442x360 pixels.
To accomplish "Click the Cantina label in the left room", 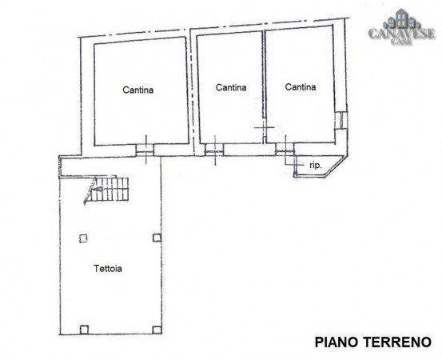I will point(137,90).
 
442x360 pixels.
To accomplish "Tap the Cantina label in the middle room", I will point(231,87).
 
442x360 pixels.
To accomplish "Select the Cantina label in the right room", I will point(300,87).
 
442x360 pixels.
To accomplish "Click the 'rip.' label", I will point(316,165).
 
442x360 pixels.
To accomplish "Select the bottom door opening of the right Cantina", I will point(284,148).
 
